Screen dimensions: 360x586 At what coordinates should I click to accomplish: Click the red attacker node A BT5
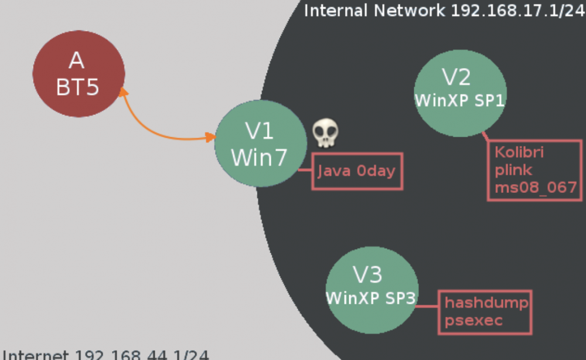[x=79, y=73]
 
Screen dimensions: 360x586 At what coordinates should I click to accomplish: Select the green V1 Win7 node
[x=260, y=144]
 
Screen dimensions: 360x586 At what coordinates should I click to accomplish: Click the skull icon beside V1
[x=325, y=134]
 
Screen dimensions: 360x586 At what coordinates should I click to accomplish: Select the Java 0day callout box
[x=357, y=171]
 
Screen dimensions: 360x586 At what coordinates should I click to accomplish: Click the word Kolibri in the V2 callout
[x=519, y=152]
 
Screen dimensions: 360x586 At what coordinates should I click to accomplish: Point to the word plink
[x=514, y=170]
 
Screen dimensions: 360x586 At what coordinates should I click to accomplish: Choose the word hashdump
[x=486, y=303]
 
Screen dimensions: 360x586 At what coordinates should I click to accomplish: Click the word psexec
[x=473, y=321]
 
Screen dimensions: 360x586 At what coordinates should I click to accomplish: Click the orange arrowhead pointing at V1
[x=210, y=137]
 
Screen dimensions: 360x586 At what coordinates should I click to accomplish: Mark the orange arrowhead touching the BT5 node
[x=122, y=92]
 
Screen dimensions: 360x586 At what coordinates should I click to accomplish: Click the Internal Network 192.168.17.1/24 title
[x=444, y=11]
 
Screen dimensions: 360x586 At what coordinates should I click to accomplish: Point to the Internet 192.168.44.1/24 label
[x=105, y=355]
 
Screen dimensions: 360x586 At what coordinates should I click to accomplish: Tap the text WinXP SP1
[x=459, y=100]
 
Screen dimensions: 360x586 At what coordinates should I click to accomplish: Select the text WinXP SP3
[x=371, y=298]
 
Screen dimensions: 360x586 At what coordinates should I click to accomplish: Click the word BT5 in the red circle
[x=78, y=87]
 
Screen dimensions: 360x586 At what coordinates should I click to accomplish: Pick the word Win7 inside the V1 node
[x=259, y=157]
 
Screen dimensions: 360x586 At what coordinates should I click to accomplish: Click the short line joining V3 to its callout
[x=428, y=305]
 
